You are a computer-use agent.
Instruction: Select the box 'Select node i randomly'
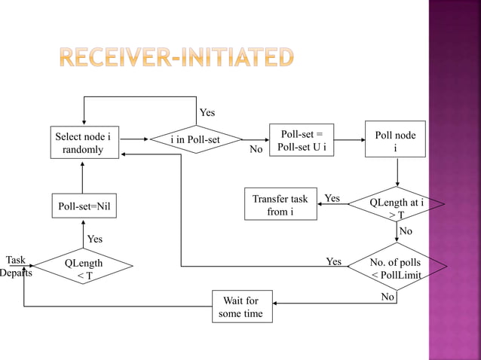(x=83, y=143)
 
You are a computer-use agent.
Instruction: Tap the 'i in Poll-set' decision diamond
(x=195, y=139)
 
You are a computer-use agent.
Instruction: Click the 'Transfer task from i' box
(x=280, y=206)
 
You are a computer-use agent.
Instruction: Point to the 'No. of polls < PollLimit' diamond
(x=397, y=269)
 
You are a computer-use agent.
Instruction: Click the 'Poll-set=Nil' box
(x=83, y=206)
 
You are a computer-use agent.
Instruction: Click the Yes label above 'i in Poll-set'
(x=207, y=112)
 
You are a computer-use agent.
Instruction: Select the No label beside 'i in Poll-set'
(x=256, y=150)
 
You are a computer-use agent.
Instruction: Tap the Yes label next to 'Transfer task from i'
(x=332, y=199)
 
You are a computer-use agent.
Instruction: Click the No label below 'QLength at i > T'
(x=406, y=231)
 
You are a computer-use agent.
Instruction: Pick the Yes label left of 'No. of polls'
(x=333, y=262)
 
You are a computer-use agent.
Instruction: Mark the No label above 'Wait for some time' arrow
(x=388, y=297)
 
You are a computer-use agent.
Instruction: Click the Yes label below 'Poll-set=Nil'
(x=95, y=239)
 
